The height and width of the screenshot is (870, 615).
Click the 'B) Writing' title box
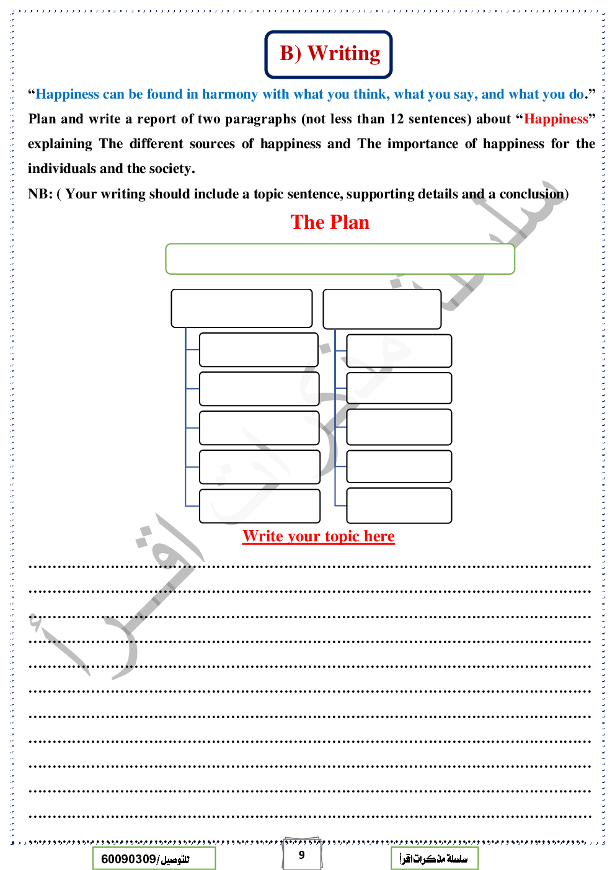point(329,54)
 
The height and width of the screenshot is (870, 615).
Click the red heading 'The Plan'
point(330,222)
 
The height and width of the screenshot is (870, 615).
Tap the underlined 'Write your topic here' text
point(318,536)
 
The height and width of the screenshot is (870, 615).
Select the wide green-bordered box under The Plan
point(340,259)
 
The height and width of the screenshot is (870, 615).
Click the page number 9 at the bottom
point(302,854)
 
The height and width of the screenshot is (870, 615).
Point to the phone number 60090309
point(128,859)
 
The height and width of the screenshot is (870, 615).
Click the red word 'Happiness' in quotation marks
point(555,119)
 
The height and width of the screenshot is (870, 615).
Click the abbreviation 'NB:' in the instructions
point(40,194)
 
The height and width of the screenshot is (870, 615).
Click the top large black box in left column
point(241,308)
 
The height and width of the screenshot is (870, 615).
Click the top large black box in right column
point(382,309)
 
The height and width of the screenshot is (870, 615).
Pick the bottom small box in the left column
point(259,506)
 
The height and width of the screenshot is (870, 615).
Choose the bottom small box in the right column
point(399,505)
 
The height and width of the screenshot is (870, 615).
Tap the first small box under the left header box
point(259,350)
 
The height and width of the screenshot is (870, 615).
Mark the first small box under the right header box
point(399,351)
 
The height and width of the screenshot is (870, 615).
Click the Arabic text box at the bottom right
point(434,859)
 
